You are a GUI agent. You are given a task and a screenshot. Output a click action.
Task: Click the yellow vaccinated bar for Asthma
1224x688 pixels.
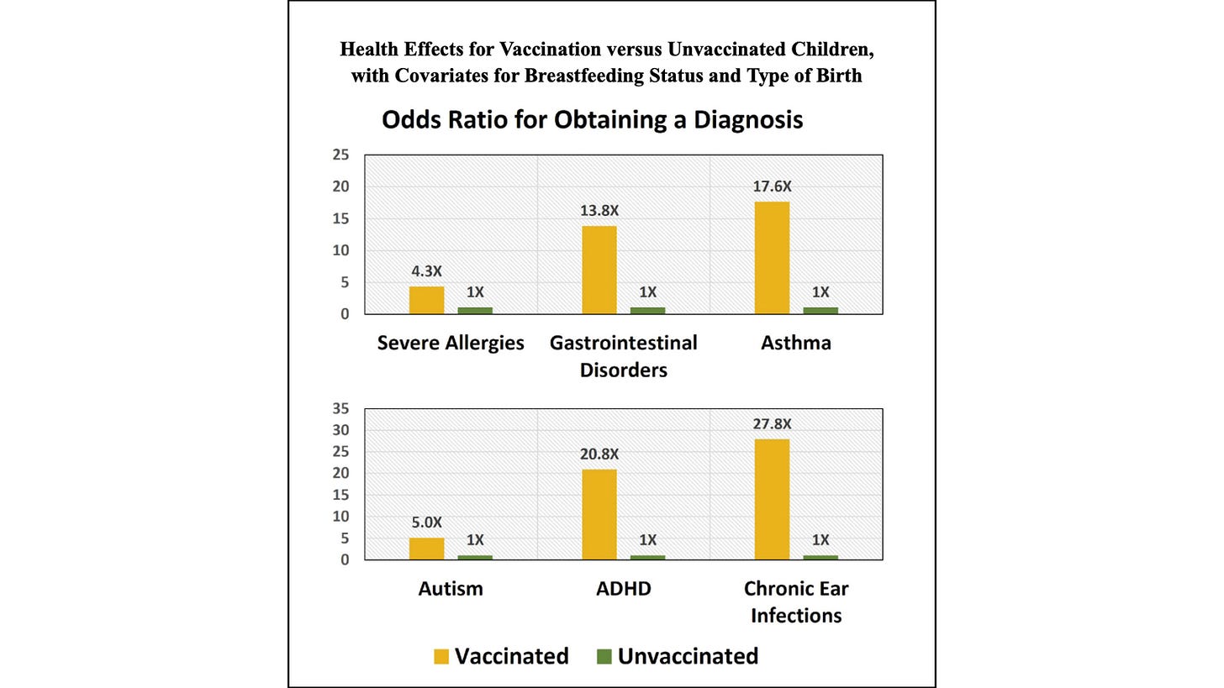(x=772, y=258)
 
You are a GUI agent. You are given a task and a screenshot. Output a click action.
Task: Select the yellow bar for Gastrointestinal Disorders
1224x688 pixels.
(x=599, y=270)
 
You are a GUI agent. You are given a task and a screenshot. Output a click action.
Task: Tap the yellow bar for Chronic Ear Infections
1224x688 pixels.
(x=772, y=499)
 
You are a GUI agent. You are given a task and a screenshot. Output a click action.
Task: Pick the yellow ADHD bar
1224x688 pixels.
(x=599, y=514)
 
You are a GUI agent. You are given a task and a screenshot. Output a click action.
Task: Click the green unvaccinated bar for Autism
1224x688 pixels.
(x=475, y=557)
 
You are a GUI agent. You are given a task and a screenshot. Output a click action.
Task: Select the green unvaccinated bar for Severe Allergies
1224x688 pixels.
(x=475, y=310)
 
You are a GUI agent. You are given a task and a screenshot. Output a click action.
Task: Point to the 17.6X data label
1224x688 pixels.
(x=772, y=186)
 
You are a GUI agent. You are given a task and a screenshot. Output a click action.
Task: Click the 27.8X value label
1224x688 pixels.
(x=772, y=424)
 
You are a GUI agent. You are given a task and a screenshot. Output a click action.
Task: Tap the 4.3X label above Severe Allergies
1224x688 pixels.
(x=426, y=271)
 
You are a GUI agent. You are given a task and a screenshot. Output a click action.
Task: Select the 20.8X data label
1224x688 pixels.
(x=599, y=454)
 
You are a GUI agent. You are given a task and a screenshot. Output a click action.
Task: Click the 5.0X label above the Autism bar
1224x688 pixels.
(x=426, y=523)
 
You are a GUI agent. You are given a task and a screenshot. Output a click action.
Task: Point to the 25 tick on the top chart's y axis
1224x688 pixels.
(x=340, y=155)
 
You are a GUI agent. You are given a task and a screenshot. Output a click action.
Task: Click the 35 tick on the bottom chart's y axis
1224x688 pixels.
(x=340, y=409)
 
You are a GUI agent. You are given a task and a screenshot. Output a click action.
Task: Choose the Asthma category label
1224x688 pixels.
(x=795, y=343)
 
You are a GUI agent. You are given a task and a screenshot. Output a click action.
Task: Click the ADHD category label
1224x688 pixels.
(x=623, y=589)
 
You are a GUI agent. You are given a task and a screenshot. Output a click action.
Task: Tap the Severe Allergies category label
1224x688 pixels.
(x=451, y=343)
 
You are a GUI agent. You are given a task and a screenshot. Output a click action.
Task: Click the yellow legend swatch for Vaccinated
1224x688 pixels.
(x=441, y=657)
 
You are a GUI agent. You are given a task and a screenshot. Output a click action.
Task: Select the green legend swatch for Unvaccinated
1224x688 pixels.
(x=604, y=657)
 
